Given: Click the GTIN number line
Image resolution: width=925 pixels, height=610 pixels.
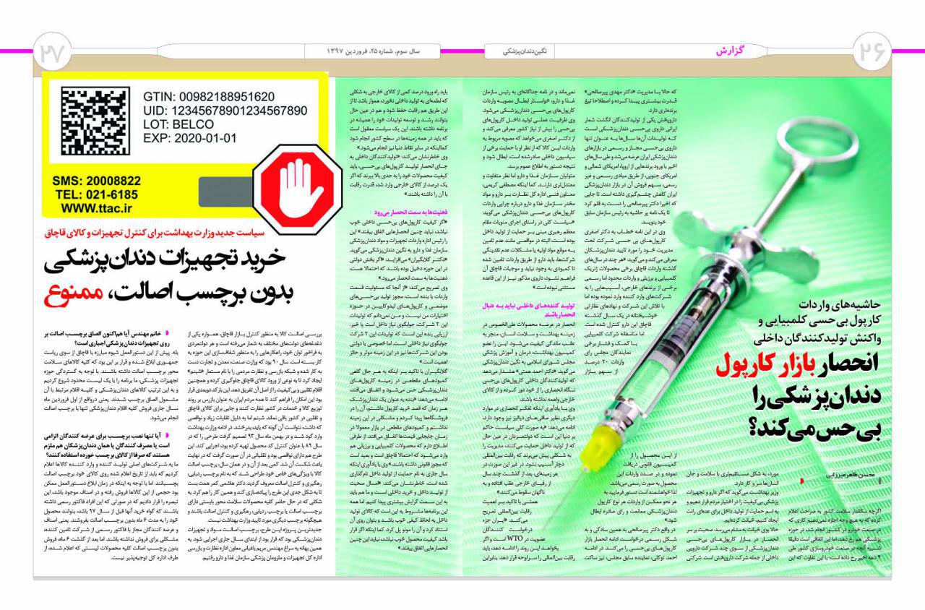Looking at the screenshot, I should click(208, 97).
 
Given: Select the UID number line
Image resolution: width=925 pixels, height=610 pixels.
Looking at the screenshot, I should click(225, 111).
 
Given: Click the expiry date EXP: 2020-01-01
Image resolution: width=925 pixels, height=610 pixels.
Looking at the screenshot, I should click(189, 137).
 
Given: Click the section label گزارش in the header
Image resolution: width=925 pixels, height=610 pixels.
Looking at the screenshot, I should click(731, 51).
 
